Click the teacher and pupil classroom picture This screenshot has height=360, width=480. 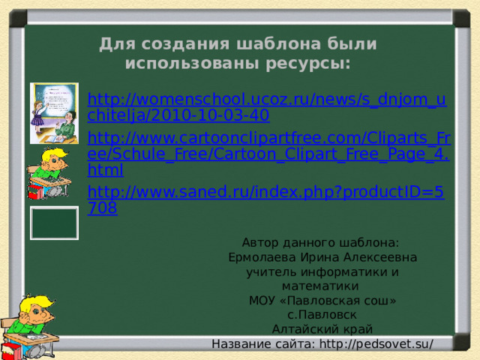click(54, 113)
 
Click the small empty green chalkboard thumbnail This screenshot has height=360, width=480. click(54, 223)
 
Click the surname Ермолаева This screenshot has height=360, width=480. click(260, 257)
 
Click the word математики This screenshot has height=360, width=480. click(322, 286)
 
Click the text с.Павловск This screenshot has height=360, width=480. click(322, 314)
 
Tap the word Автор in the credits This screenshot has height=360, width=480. click(260, 243)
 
